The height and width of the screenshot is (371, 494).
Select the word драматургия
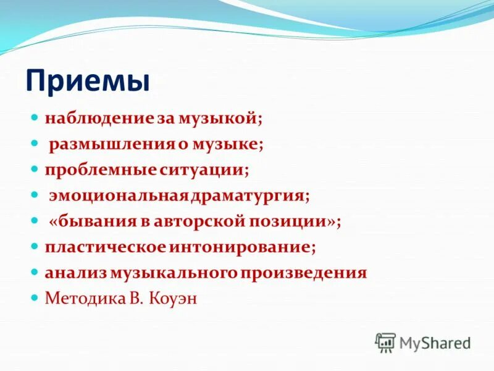click(249, 195)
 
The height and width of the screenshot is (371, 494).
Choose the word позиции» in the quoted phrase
click(292, 221)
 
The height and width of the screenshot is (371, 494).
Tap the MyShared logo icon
click(385, 342)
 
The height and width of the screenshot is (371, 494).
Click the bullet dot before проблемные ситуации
click(35, 169)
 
